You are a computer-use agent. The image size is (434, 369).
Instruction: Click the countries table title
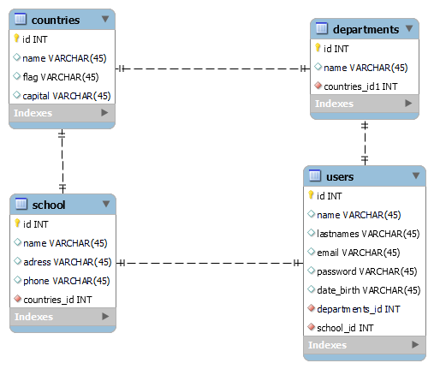tap(56, 19)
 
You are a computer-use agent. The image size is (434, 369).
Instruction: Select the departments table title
tap(366, 29)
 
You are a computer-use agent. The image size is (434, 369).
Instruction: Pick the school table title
tap(49, 205)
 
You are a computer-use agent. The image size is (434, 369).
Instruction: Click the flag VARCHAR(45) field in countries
tap(61, 76)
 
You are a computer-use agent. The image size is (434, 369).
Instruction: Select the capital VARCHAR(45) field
tap(67, 95)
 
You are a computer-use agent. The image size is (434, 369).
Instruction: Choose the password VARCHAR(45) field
tap(366, 271)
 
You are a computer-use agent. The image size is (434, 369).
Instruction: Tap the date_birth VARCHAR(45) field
tap(368, 289)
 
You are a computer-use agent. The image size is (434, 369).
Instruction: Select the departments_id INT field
tap(358, 308)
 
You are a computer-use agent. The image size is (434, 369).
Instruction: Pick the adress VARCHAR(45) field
tap(67, 261)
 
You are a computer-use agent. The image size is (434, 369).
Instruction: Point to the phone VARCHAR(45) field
tap(66, 280)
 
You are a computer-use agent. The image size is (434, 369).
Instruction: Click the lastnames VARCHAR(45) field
tap(368, 233)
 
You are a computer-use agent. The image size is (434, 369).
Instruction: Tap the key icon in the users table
tap(311, 195)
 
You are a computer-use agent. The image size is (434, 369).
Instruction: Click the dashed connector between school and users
tap(210, 263)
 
